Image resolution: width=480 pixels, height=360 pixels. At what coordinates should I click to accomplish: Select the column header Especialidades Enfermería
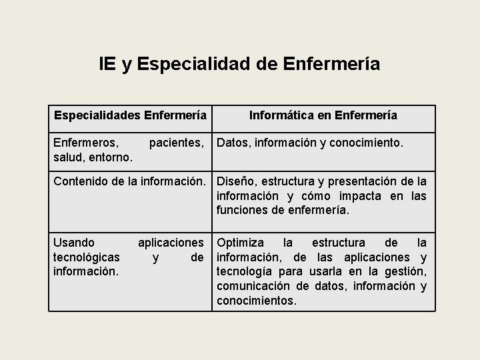[x=130, y=115]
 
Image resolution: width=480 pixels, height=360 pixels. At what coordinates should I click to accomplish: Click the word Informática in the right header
[x=281, y=115]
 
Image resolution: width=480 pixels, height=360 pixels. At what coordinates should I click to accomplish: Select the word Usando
[x=73, y=242]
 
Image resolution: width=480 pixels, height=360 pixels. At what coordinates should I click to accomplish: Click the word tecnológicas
[x=87, y=257]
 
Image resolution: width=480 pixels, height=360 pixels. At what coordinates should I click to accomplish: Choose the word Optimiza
[x=240, y=242]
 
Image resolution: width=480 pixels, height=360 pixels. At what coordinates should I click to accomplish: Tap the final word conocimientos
[x=257, y=301]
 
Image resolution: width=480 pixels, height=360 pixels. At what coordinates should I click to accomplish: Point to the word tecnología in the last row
[x=246, y=271]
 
